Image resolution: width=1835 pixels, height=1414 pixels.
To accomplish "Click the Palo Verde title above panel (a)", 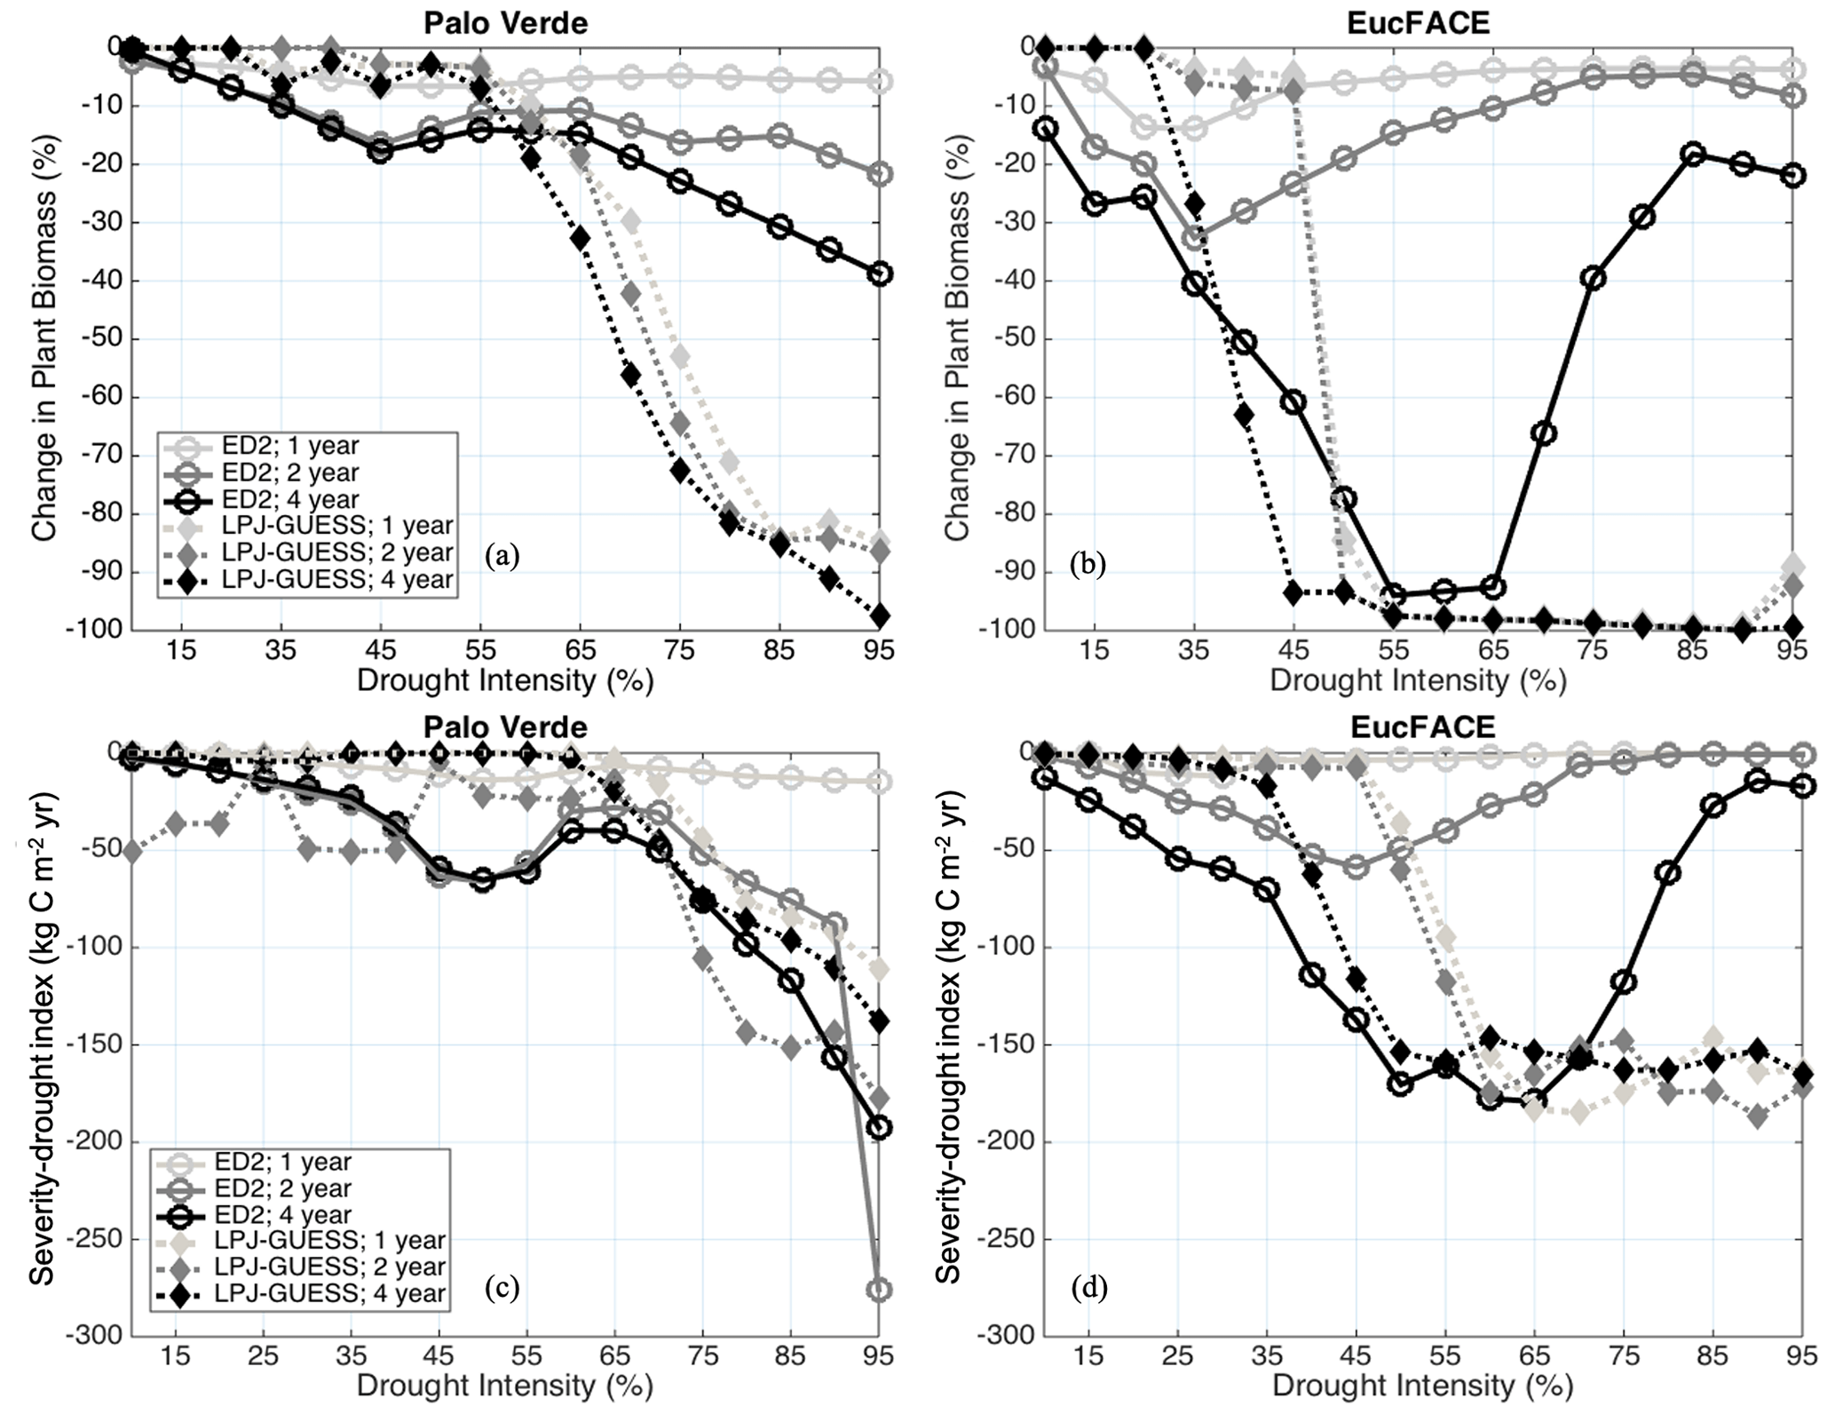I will coord(505,22).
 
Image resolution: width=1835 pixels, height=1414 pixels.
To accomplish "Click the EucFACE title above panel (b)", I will coord(1418,22).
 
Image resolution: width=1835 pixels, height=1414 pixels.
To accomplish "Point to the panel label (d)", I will coord(1089,1287).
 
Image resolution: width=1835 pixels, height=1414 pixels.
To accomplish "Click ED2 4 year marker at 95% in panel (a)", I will coord(880,274).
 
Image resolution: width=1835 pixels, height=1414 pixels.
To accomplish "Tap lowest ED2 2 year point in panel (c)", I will coord(879,1290).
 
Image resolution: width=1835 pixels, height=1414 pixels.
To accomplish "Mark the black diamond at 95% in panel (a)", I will coord(880,616).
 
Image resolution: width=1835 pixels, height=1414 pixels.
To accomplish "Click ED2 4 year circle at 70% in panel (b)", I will coord(1544,433).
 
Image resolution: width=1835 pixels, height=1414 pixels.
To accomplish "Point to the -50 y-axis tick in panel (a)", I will coord(104,340).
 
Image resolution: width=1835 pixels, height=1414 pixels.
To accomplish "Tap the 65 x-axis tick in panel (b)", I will coord(1494,650).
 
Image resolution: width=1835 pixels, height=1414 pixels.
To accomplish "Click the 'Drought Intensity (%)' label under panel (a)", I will coord(505,681).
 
